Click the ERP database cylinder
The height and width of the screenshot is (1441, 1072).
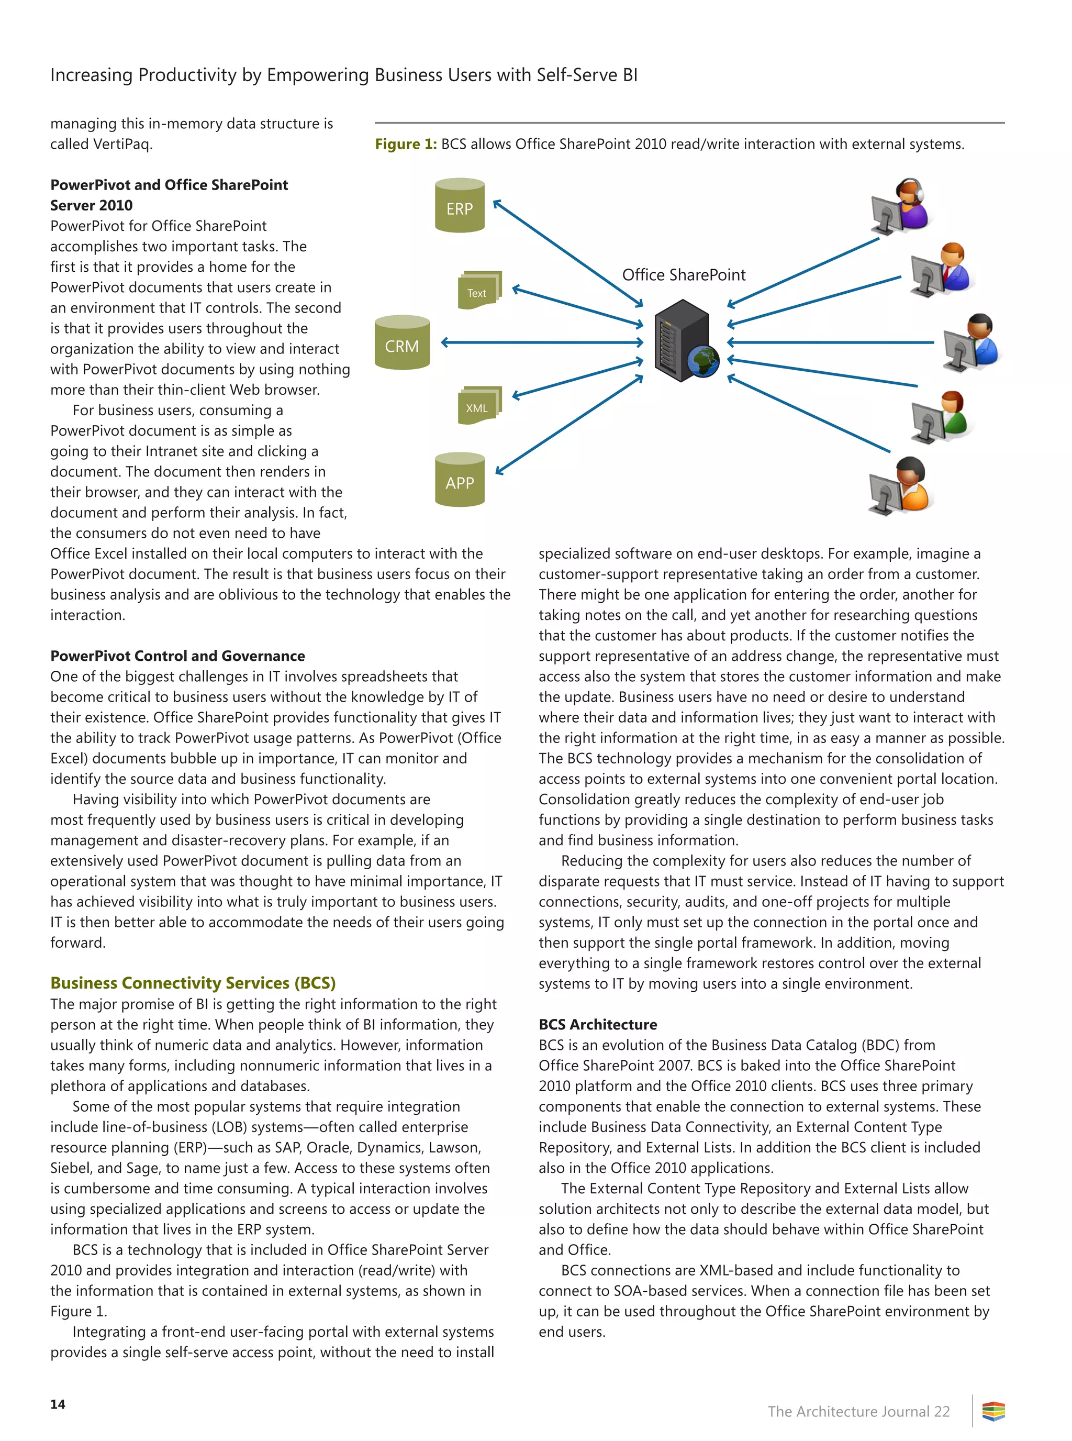(460, 206)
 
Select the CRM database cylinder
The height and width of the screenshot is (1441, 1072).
(403, 343)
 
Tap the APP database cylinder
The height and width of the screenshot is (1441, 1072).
(460, 480)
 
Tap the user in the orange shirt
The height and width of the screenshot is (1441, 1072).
(902, 485)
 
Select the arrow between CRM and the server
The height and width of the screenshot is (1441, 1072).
(542, 342)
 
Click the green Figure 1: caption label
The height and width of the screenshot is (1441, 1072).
(406, 144)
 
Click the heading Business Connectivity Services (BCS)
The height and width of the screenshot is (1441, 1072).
(193, 983)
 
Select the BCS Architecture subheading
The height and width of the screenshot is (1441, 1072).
(597, 1024)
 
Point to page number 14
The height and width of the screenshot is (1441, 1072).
(58, 1404)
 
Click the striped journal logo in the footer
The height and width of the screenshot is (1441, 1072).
(993, 1411)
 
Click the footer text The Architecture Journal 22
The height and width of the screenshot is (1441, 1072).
(858, 1411)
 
